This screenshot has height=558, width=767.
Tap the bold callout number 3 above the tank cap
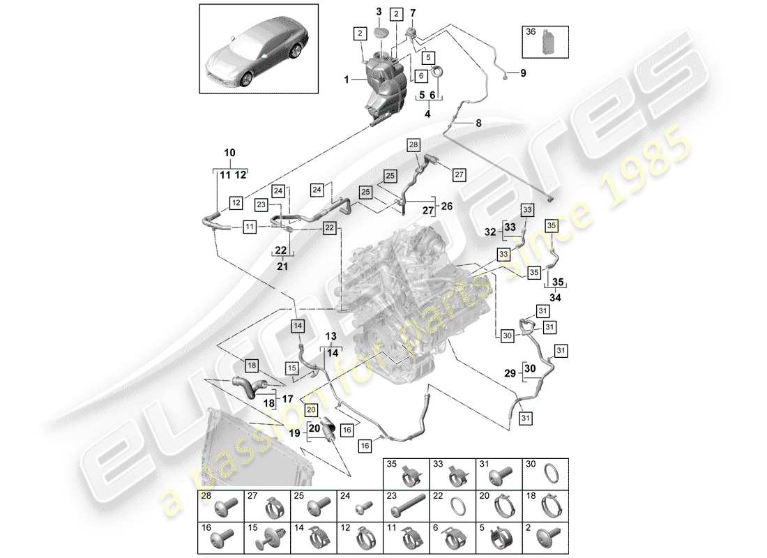click(379, 12)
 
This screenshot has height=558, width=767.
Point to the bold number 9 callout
click(524, 73)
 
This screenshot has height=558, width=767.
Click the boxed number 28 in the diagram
click(413, 145)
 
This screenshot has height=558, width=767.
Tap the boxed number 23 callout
click(261, 204)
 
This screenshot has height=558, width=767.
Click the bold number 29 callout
click(511, 374)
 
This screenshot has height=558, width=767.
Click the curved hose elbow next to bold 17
click(247, 387)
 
